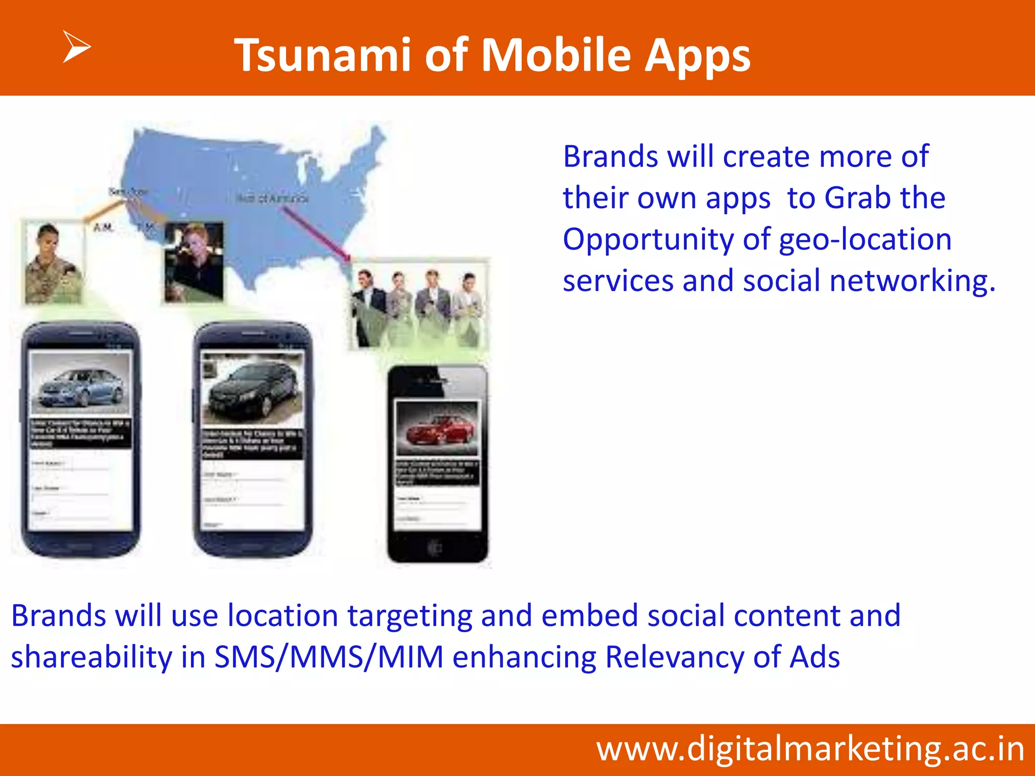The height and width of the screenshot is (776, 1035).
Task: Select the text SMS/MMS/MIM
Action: [x=328, y=657]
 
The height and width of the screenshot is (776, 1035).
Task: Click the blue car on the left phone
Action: [x=81, y=387]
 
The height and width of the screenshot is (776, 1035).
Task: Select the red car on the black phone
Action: [x=438, y=429]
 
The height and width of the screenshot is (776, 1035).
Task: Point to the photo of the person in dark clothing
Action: [x=194, y=262]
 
